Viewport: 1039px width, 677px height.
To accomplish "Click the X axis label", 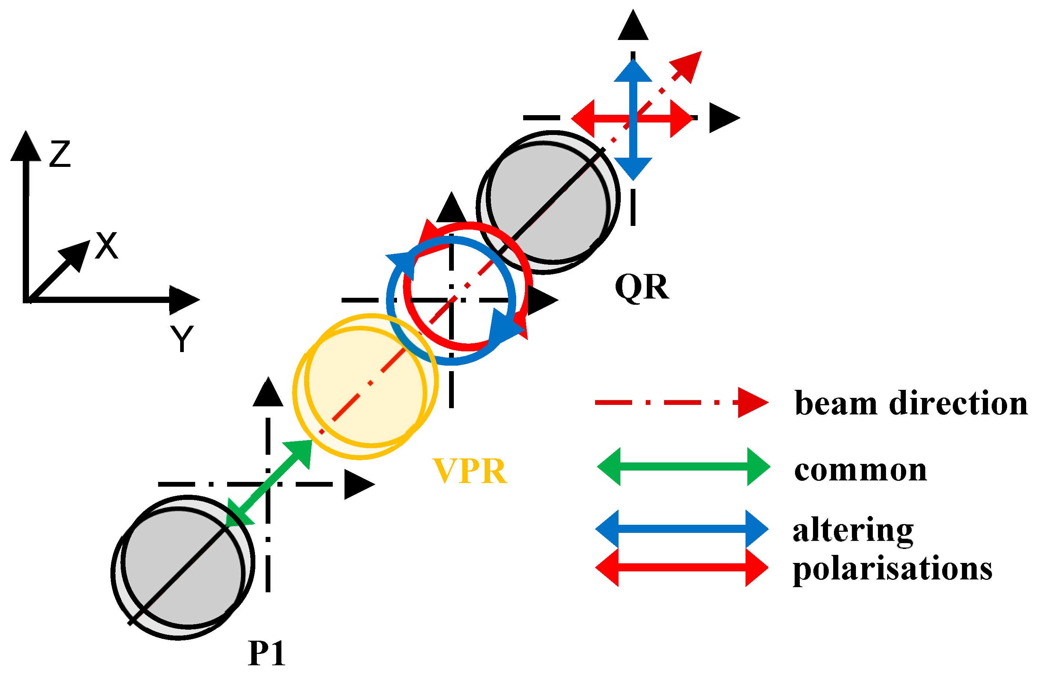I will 106,246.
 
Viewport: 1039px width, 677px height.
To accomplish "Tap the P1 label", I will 266,654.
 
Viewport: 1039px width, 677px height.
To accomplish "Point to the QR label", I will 641,287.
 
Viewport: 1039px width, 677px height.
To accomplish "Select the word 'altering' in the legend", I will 853,530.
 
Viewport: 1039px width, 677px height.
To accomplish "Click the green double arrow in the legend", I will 683,466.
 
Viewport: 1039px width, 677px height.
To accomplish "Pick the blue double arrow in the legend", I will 682,529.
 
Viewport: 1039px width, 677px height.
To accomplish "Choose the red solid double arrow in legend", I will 682,567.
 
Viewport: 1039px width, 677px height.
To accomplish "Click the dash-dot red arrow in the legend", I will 681,402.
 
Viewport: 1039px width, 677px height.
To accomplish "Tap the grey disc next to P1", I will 182,567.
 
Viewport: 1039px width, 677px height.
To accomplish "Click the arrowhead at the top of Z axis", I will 26,146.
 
